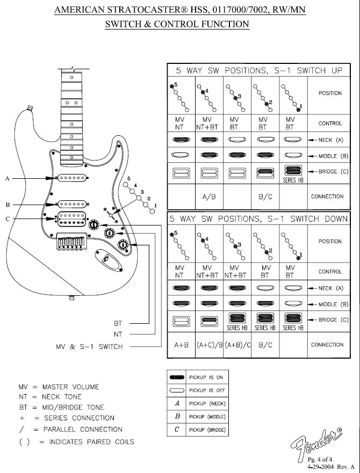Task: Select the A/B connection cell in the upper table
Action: pyautogui.click(x=209, y=197)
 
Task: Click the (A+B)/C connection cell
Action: pyautogui.click(x=237, y=345)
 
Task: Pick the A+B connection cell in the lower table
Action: pyautogui.click(x=180, y=345)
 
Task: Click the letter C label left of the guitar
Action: pyautogui.click(x=8, y=218)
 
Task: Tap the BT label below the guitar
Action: pyautogui.click(x=119, y=324)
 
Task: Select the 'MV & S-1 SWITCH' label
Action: pyautogui.click(x=89, y=346)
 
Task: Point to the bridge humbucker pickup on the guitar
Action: pyautogui.click(x=73, y=217)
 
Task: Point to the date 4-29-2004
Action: pyautogui.click(x=324, y=467)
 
